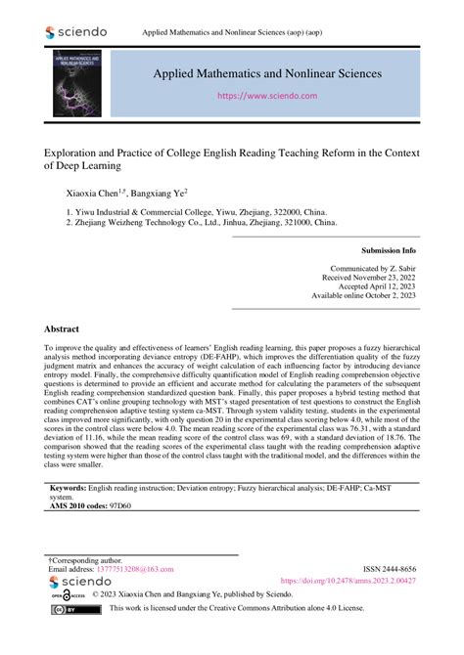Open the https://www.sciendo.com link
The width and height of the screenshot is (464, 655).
[267, 97]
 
